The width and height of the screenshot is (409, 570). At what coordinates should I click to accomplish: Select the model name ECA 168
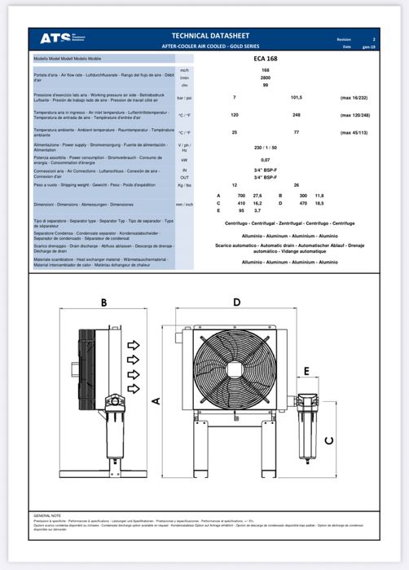265,60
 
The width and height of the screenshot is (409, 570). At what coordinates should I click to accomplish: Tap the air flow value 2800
265,77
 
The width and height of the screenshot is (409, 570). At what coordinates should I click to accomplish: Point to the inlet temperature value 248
296,115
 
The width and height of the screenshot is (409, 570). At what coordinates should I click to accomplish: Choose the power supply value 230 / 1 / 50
265,147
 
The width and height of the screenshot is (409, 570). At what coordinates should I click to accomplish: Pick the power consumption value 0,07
265,160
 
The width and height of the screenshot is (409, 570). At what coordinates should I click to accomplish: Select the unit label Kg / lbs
184,186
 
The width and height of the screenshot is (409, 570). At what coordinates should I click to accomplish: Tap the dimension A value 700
240,197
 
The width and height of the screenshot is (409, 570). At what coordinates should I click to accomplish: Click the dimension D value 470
303,203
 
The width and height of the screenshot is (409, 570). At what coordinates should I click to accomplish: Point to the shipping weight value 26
296,186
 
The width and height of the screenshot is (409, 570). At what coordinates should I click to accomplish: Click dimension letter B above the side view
104,303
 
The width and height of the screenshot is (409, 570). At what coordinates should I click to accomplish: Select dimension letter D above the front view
236,303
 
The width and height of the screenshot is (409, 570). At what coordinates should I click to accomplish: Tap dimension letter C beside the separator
329,440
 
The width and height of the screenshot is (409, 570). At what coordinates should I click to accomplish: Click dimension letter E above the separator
306,371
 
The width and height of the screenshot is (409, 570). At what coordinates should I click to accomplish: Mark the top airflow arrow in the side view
134,346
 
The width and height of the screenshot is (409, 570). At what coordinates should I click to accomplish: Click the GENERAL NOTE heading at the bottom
47,515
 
